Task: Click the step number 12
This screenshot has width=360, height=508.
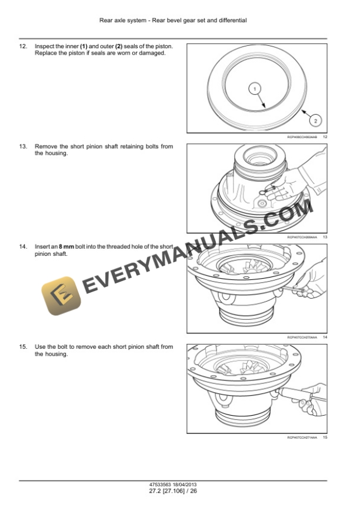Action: point(24,46)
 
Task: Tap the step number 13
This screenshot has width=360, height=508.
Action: point(24,146)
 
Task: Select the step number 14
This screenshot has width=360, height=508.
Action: point(24,247)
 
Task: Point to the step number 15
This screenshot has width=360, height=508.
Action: point(24,347)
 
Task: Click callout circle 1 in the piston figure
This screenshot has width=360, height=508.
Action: point(255,89)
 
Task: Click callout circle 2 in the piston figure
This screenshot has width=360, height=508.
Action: point(316,121)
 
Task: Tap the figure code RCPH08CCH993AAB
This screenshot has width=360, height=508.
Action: point(302,137)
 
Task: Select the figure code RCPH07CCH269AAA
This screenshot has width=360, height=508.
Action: point(302,238)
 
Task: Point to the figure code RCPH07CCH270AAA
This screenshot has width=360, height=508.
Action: point(302,337)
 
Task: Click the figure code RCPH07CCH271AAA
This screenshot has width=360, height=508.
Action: point(302,438)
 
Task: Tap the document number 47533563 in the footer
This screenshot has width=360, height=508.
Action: point(162,484)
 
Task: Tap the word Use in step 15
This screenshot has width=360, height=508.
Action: point(41,347)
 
